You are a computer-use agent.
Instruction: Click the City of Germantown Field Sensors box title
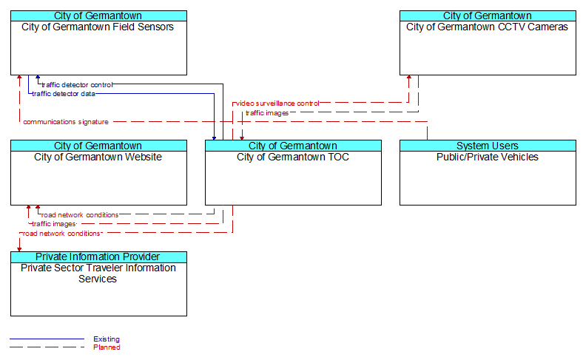click(98, 27)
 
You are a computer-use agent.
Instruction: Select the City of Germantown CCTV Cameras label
click(487, 27)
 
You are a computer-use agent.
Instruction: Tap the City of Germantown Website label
click(98, 157)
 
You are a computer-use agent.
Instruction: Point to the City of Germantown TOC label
click(293, 157)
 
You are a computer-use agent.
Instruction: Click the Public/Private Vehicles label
click(488, 157)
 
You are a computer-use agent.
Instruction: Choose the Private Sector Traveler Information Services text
click(98, 274)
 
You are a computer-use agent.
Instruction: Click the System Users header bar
click(488, 146)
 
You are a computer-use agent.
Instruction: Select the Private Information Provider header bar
click(98, 257)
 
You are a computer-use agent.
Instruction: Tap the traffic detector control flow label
click(77, 85)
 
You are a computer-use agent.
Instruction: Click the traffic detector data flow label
click(64, 94)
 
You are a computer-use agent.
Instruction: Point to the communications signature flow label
click(66, 122)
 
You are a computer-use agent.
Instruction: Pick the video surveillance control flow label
click(277, 103)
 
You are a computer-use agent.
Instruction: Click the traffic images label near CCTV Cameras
click(267, 113)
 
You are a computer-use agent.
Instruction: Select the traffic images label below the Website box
click(54, 224)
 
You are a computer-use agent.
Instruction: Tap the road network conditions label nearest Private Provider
click(61, 234)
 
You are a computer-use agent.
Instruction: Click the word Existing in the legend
click(107, 339)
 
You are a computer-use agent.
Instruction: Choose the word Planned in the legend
click(107, 347)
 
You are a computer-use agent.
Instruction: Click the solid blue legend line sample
click(47, 339)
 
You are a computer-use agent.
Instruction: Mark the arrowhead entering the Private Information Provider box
click(19, 250)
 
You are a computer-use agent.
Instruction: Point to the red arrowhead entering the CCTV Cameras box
click(409, 78)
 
